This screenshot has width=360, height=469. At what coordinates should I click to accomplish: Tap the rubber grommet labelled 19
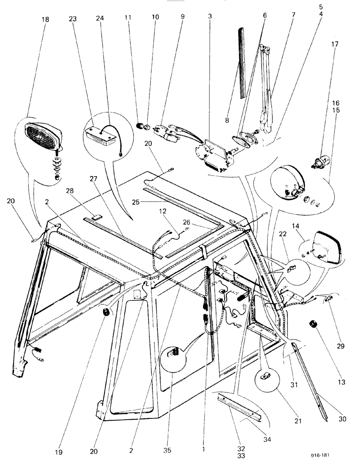pyautogui.click(x=106, y=313)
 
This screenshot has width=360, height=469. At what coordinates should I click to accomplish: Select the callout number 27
pyautogui.click(x=92, y=179)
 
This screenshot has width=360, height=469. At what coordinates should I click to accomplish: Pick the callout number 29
pyautogui.click(x=340, y=347)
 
